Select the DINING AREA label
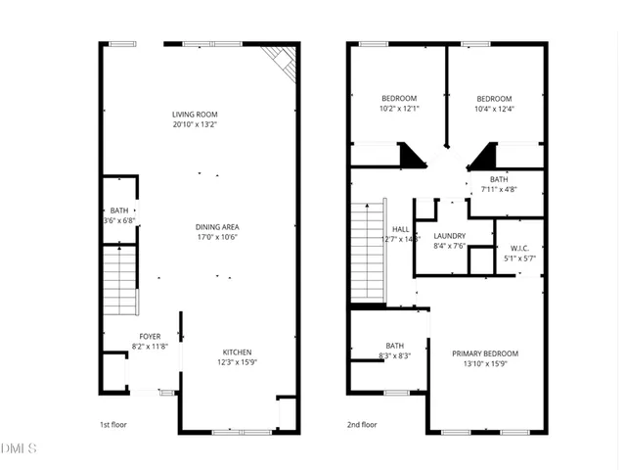(x=217, y=226)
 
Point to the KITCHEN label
(x=238, y=352)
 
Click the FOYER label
(x=150, y=336)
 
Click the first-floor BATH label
(x=118, y=211)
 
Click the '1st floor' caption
(x=113, y=425)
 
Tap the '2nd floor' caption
(x=362, y=425)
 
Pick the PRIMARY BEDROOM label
(x=485, y=353)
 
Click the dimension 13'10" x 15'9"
(x=485, y=364)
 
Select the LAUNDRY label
(x=449, y=236)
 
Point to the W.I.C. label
(x=517, y=248)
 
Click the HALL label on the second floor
(x=400, y=228)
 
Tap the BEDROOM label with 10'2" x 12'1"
(x=399, y=98)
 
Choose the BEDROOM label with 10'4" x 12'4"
(x=494, y=98)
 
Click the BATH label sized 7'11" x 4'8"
(x=499, y=179)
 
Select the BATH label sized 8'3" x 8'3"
(x=395, y=346)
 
